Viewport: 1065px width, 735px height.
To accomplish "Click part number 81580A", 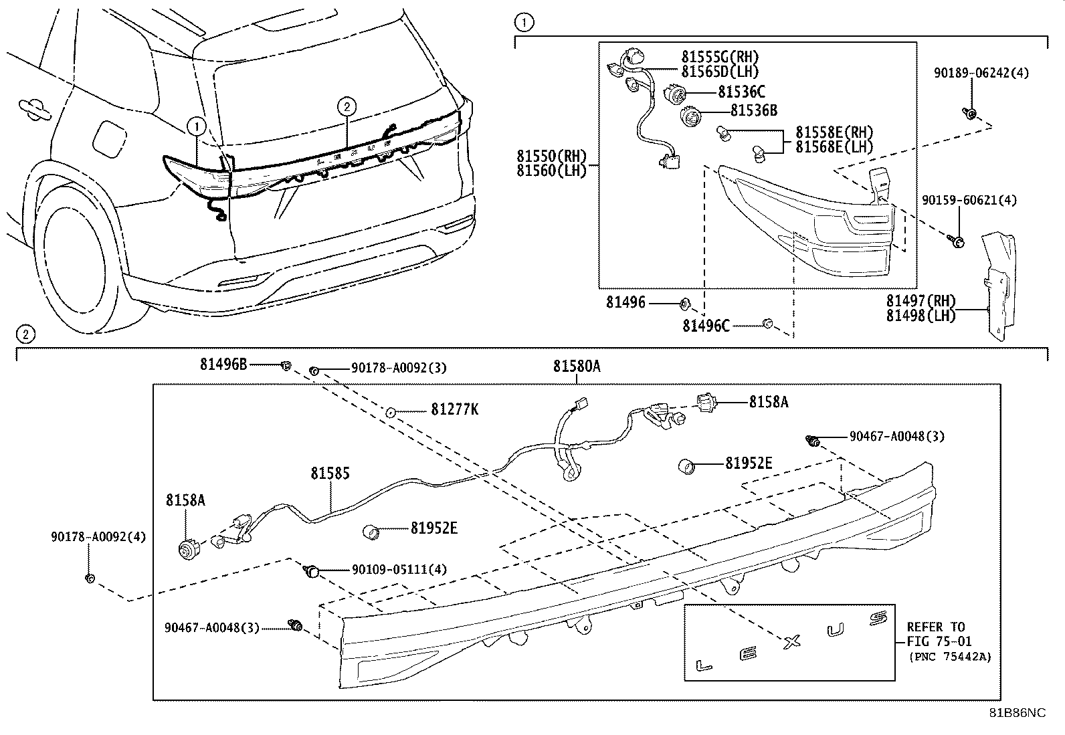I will (577, 366).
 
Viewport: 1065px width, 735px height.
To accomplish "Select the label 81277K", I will (454, 409).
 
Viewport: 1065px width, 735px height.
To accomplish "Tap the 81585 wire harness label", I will (330, 474).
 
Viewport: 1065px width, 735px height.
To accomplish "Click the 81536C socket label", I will (741, 92).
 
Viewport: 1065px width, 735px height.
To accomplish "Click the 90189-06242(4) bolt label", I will (981, 74).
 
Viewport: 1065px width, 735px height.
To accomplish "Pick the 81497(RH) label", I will (921, 301).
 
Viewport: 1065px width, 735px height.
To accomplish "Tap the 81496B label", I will (223, 364).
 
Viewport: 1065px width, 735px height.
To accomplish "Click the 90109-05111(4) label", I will (399, 570).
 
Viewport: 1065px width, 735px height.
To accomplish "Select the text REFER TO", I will (935, 627).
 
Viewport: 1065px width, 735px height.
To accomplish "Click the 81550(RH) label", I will (551, 155).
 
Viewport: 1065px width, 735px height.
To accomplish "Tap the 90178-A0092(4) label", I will (98, 537).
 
